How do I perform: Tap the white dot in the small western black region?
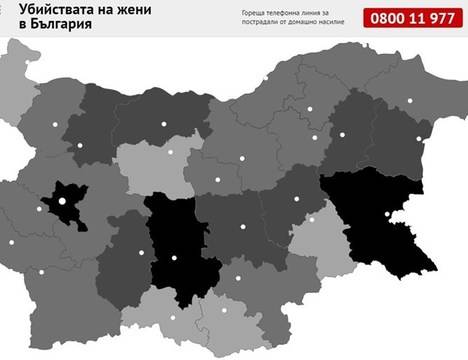(x=62, y=200)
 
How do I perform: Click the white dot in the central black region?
(x=175, y=258)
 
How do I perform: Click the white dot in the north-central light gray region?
(x=171, y=152)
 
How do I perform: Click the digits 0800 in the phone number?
(x=388, y=18)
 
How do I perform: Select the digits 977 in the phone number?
(x=440, y=18)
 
